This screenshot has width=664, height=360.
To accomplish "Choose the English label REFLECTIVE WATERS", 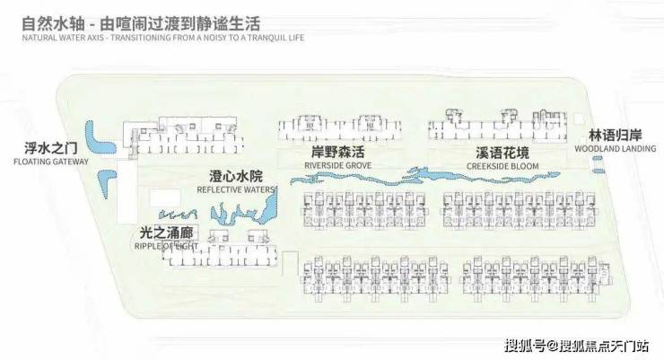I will tap(235, 189).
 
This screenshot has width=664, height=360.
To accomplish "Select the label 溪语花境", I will tap(495, 154).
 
